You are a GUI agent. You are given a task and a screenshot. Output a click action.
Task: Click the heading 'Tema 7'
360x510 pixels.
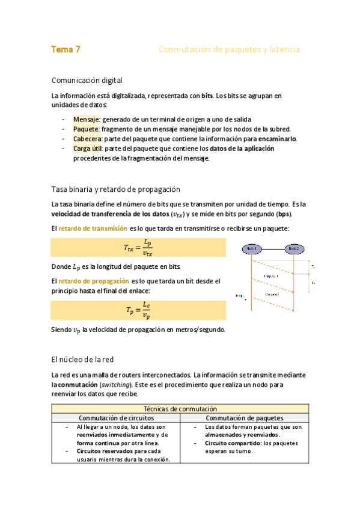click(66, 50)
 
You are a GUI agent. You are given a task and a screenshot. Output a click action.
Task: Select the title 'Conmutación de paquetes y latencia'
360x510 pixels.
click(228, 50)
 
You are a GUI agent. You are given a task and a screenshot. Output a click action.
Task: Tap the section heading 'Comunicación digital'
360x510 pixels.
click(87, 80)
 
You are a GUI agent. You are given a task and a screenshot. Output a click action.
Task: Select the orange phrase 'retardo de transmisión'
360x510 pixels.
click(93, 229)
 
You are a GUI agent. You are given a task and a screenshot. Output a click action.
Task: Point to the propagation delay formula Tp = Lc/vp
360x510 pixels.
click(138, 310)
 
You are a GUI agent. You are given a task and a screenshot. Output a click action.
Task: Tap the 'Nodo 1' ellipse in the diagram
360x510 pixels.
click(251, 248)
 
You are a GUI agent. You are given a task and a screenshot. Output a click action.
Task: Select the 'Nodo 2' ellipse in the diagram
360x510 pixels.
click(293, 248)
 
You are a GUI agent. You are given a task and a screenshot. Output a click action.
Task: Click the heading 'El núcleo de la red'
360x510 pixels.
click(82, 360)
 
